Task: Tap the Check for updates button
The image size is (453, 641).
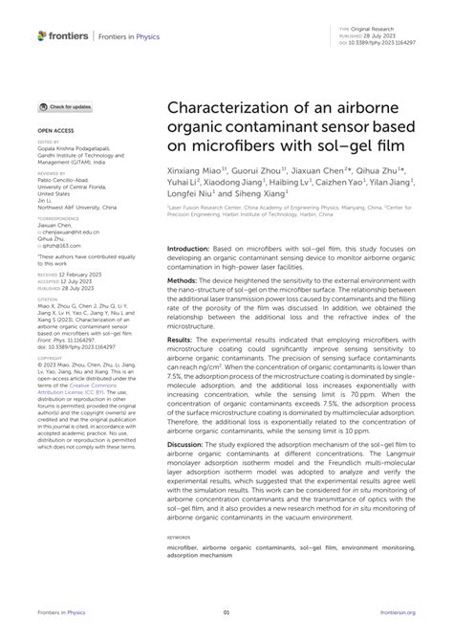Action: click(66, 107)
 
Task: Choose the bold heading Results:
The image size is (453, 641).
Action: click(185, 365)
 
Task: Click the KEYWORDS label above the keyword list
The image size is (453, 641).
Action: click(180, 564)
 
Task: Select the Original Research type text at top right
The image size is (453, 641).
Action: click(388, 30)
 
